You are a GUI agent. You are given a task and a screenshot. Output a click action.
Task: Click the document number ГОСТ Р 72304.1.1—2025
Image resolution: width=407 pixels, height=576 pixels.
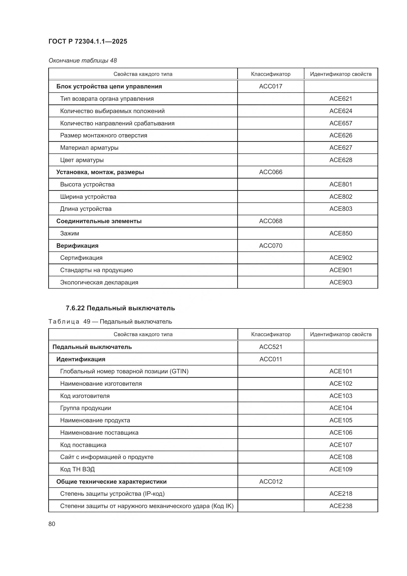pos(88,41)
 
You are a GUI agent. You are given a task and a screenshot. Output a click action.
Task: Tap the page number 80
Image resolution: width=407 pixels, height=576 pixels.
pos(52,524)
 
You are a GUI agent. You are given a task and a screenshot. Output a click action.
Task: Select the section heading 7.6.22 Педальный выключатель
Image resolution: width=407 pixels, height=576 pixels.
pos(120,308)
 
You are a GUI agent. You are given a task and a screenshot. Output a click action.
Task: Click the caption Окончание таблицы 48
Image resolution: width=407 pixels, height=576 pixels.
pos(83,61)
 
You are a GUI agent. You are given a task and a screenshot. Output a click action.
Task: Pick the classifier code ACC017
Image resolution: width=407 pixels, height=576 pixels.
pos(271,86)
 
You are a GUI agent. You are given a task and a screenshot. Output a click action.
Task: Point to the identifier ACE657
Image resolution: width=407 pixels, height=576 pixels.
pos(341,123)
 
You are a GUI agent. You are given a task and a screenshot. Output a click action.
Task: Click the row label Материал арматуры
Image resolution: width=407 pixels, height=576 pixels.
pos(89,148)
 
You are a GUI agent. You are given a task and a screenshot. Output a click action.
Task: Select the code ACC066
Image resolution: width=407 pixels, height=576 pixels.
pos(271,172)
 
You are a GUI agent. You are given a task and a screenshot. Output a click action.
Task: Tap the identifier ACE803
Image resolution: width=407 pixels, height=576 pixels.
pos(341,209)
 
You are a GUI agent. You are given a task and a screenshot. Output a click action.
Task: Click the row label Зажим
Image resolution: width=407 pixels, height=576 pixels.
pos(69,233)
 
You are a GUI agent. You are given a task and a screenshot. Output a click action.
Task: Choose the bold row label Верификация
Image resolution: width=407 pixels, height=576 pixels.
pos(77,246)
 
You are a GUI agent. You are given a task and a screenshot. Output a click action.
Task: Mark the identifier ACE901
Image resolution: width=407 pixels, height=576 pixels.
pos(341,270)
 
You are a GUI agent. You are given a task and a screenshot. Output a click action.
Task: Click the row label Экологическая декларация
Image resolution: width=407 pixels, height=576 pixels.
pos(99,282)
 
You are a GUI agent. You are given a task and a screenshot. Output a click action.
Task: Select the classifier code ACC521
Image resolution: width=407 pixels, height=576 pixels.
pos(271,347)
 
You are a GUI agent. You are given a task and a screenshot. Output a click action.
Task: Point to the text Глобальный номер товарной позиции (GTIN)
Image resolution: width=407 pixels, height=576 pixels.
pos(124,371)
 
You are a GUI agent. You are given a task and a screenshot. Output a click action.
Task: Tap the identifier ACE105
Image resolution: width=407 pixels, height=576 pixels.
pos(341,420)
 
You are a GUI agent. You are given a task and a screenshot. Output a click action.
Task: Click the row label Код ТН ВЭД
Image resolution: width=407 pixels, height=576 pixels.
pos(77,469)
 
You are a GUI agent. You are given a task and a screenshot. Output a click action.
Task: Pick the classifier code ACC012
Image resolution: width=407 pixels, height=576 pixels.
pos(271,482)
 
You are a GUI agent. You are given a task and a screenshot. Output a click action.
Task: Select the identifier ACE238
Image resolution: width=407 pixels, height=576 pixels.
pos(341,506)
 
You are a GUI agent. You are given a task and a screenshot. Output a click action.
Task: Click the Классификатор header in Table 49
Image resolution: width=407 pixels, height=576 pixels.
pos(271,334)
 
